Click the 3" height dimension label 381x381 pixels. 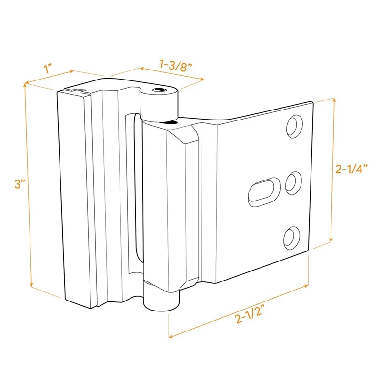click(x=19, y=184)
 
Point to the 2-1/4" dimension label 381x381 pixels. click(x=353, y=169)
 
